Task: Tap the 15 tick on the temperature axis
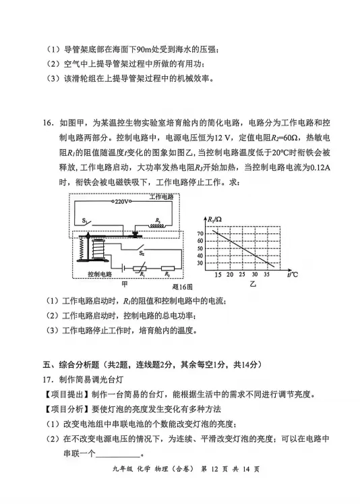[x=217, y=275]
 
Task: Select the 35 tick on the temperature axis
[x=265, y=275]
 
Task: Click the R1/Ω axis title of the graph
[x=216, y=220]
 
